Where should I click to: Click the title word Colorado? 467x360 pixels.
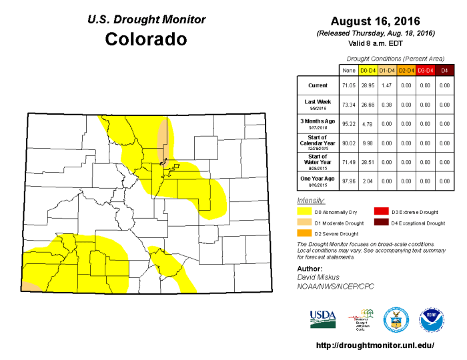tap(146, 39)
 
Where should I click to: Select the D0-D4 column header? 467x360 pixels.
tap(368, 69)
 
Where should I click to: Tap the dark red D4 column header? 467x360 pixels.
tap(444, 69)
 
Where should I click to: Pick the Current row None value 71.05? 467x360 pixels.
tap(348, 85)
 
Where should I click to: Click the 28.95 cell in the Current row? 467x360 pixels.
tap(368, 85)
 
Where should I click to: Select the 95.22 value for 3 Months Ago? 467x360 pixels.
tap(348, 123)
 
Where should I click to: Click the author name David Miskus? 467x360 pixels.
tap(319, 276)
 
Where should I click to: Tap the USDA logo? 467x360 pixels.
tap(324, 319)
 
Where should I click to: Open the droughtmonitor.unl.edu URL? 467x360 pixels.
tap(374, 345)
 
